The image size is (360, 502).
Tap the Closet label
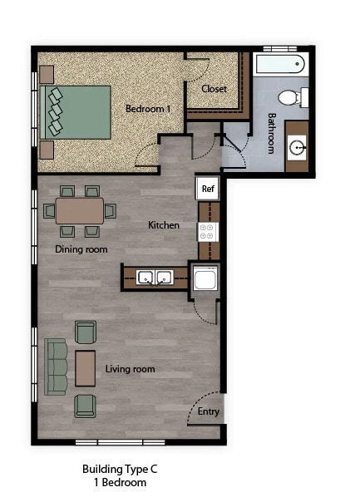pos(214,89)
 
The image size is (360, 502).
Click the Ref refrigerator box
pos(207,189)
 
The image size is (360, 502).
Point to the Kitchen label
pos(164,225)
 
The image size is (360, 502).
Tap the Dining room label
pos(81,249)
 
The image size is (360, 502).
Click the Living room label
pos(130,369)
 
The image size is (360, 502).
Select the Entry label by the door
pos(209,412)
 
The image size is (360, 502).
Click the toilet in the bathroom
pos(292,97)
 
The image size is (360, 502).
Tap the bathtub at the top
pos(280,64)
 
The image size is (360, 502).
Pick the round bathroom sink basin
pos(298,149)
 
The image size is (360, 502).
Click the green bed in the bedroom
pos(76,113)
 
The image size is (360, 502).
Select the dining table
pos(81,211)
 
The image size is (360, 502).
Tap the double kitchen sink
pos(154,278)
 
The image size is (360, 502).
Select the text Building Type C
pos(120,470)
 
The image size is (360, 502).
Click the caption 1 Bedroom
pos(120,483)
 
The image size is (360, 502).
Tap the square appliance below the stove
pos(205,278)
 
